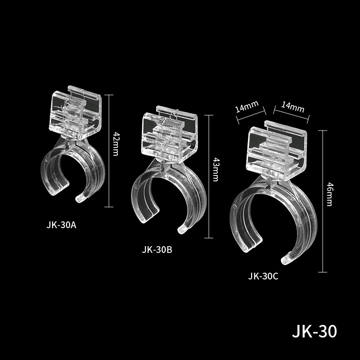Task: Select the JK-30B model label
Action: click(157, 250)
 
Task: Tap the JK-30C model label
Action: click(263, 276)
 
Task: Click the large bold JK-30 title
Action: click(314, 332)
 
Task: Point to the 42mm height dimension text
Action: click(116, 144)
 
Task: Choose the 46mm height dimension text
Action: click(329, 194)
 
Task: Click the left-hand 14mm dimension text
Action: click(247, 108)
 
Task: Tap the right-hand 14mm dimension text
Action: click(292, 107)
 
